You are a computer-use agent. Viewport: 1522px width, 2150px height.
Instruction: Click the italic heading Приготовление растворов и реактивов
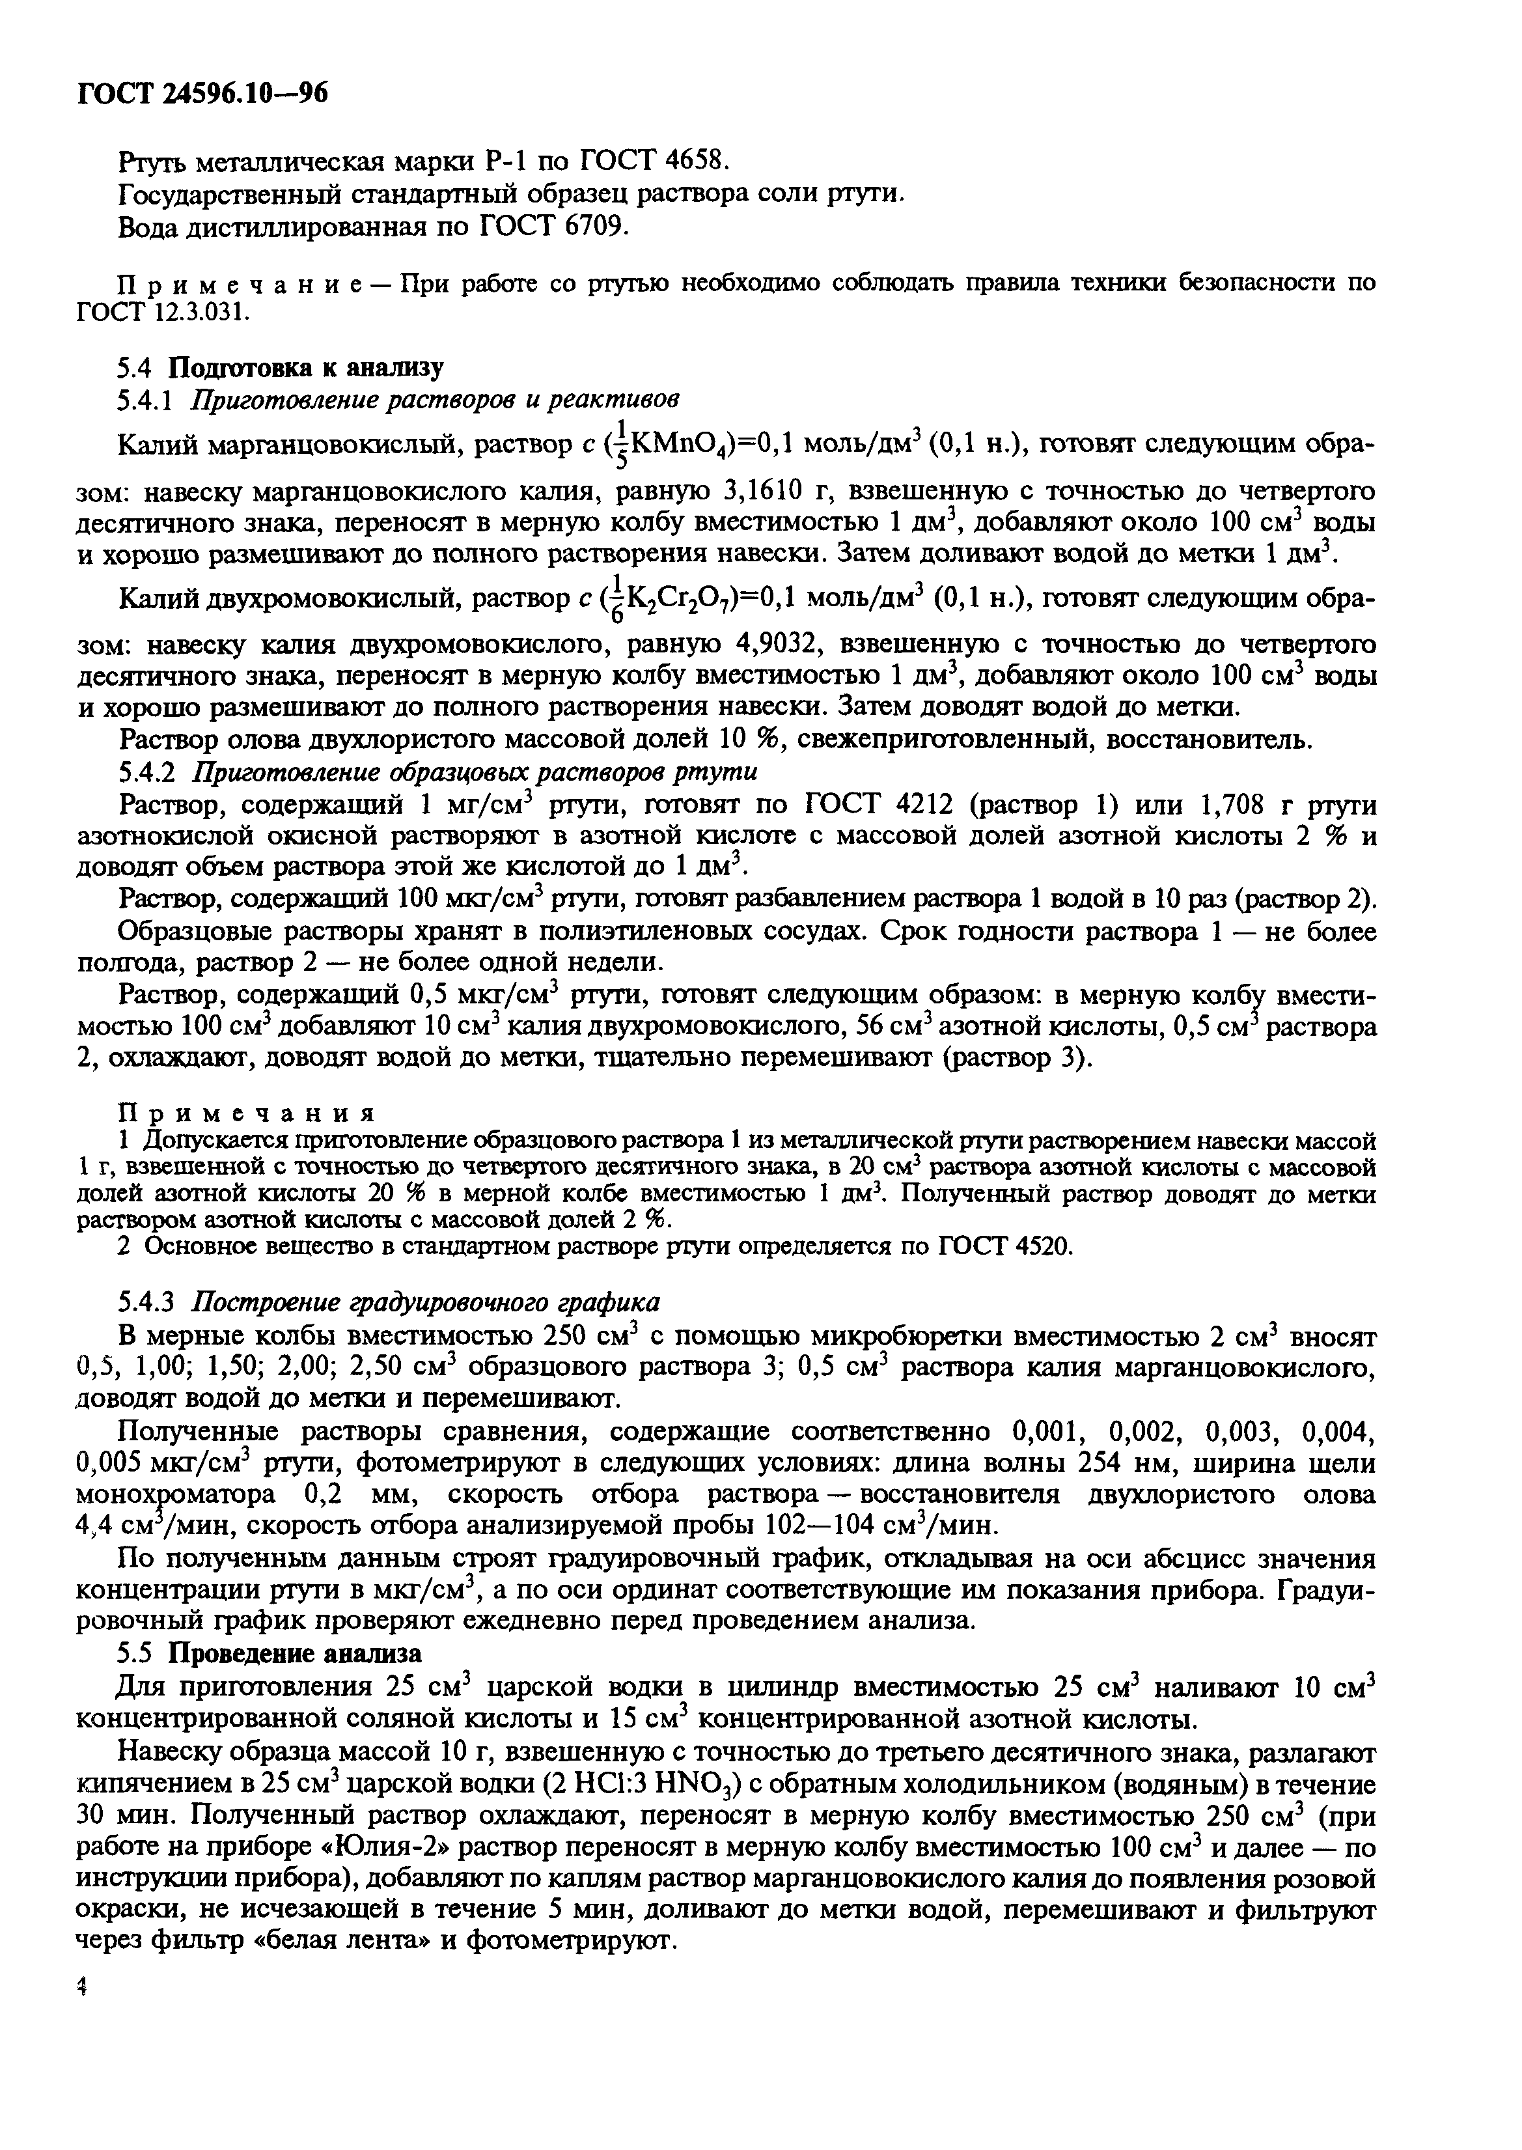click(435, 399)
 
